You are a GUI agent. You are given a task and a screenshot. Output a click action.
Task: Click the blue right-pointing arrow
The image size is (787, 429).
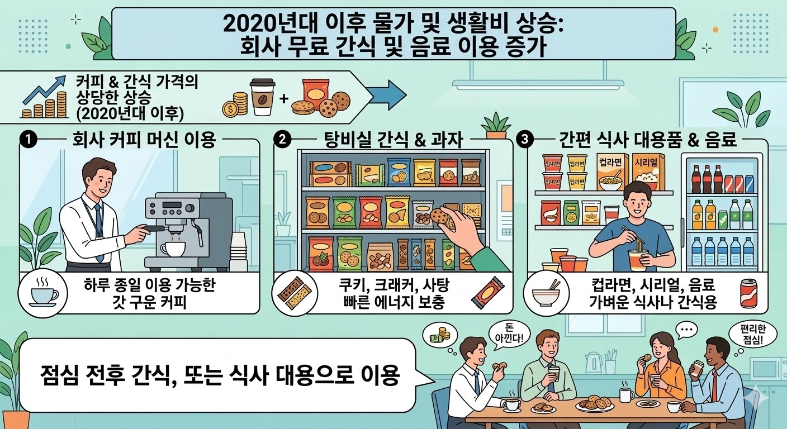[387, 93]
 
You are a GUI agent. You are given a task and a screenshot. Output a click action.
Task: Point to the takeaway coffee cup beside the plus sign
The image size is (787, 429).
[262, 97]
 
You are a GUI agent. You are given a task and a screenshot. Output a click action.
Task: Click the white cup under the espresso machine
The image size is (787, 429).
[173, 249]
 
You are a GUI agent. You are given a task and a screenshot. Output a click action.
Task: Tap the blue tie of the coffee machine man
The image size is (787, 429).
[99, 221]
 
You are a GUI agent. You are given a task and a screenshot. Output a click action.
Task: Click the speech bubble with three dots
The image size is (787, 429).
[687, 331]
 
